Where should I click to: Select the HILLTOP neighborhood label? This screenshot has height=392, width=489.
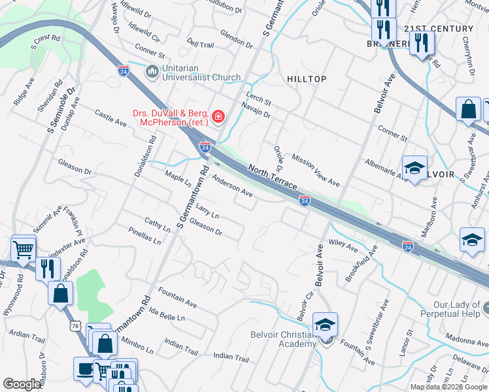307,79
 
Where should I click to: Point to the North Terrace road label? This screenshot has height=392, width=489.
273,177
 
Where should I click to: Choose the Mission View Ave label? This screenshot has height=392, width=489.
316,171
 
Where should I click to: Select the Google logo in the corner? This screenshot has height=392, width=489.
22,384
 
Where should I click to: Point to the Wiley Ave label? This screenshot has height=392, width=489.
343,246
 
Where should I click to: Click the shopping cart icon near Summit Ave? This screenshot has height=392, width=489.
23,249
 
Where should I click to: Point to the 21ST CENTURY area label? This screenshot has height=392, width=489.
438,29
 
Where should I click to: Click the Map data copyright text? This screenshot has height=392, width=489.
448,386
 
